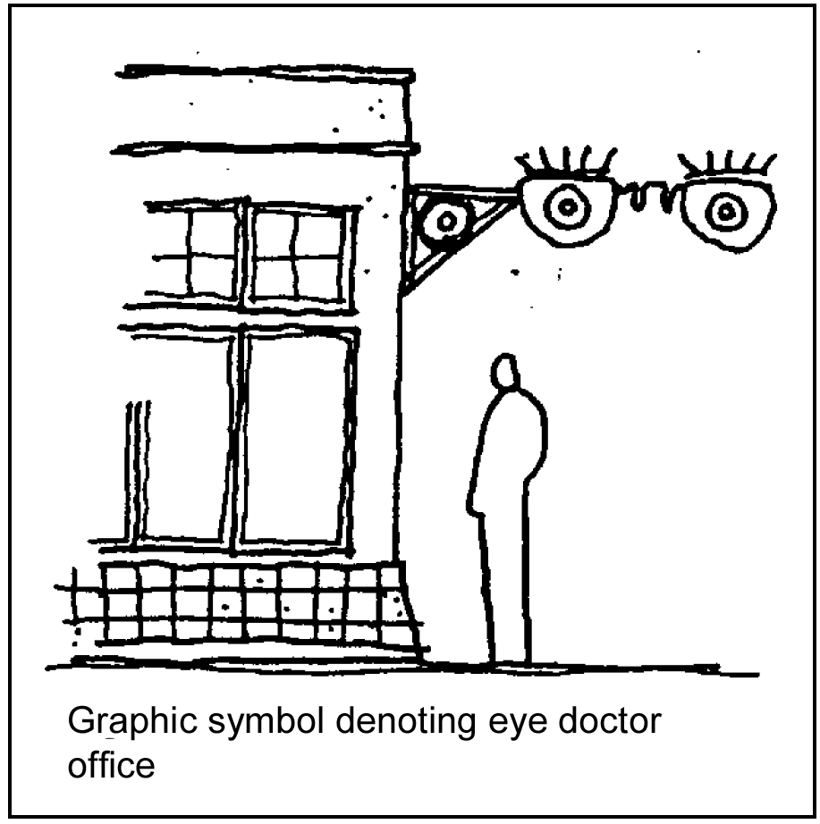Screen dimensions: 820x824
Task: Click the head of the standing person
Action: [x=505, y=373]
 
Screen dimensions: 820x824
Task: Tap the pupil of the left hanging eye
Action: [x=565, y=207]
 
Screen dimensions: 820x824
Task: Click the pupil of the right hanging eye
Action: [x=725, y=213]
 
